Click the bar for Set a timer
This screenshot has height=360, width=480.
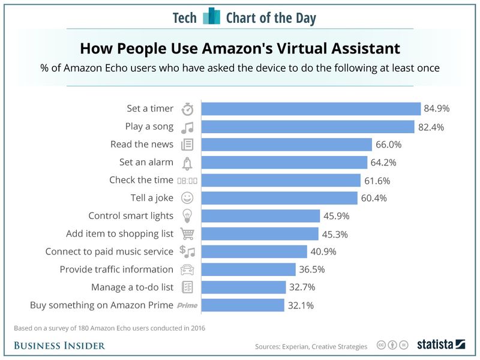click(311, 109)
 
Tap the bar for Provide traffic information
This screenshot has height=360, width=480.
click(248, 269)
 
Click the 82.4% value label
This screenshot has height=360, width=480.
click(432, 127)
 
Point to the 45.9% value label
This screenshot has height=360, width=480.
click(337, 216)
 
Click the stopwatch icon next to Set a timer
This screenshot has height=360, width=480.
click(188, 109)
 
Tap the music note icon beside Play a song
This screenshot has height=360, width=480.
click(188, 127)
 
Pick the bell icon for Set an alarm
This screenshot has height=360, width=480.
click(188, 163)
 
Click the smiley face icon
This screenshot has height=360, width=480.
click(188, 198)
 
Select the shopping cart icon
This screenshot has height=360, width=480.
click(188, 234)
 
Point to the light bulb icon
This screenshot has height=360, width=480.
click(188, 216)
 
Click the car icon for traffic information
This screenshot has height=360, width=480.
click(188, 270)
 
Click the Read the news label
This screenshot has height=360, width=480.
click(142, 145)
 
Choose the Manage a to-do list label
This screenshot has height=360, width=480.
click(132, 287)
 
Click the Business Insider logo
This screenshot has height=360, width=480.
click(59, 345)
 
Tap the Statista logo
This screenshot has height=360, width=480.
click(441, 344)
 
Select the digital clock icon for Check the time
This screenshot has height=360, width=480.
click(187, 181)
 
